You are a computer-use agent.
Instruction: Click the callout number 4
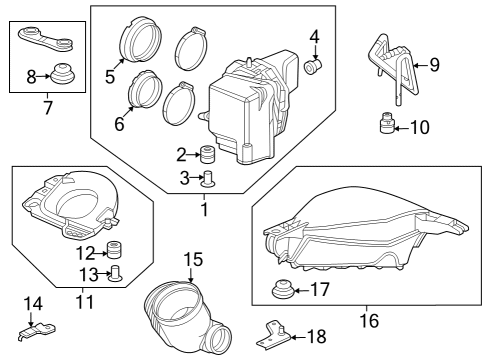click(x=314, y=38)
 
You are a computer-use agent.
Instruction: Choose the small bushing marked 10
click(x=384, y=127)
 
